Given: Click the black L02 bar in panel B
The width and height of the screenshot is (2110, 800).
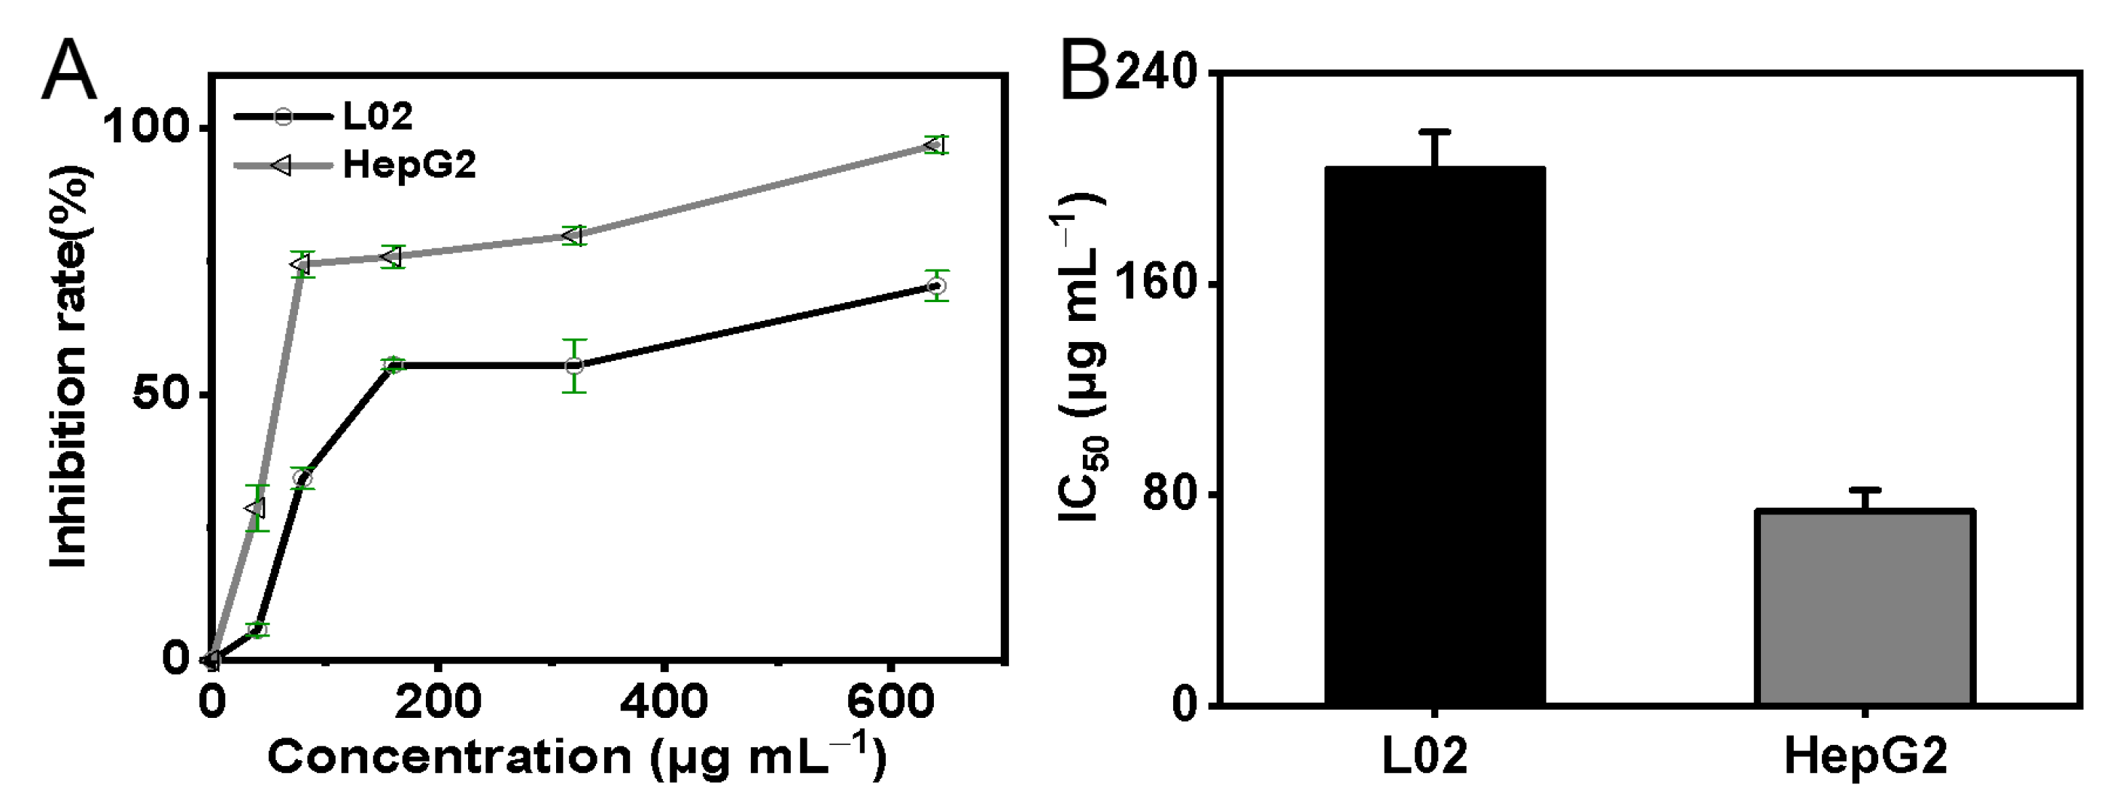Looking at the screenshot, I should (x=1434, y=435).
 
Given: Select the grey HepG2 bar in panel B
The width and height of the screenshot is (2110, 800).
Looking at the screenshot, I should (x=1864, y=606).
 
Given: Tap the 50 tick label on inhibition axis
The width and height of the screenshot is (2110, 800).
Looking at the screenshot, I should (x=160, y=394).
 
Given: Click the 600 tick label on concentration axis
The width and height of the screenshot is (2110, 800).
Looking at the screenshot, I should (x=889, y=704).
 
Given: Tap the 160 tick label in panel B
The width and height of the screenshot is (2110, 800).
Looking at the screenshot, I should (x=1155, y=285).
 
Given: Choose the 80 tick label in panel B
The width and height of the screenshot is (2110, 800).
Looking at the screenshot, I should (x=1167, y=495).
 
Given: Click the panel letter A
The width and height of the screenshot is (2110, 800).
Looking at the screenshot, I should (x=70, y=72).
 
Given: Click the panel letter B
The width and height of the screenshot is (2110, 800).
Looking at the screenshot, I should (x=1085, y=72).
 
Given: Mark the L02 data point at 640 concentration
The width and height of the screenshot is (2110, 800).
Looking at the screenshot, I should (x=936, y=286).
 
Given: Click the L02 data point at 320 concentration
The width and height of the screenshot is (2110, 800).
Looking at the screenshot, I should (x=574, y=365).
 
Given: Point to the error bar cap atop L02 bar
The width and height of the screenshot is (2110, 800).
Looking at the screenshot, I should (x=1434, y=131).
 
